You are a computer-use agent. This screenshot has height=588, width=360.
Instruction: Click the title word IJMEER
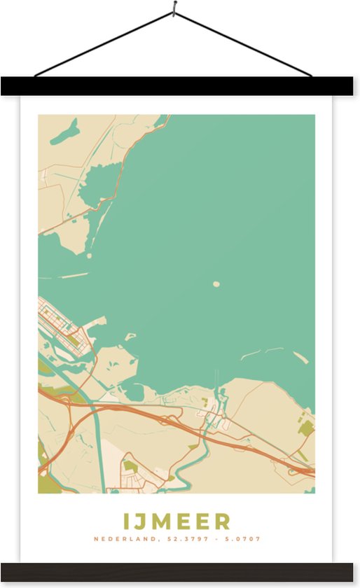coord(176,521)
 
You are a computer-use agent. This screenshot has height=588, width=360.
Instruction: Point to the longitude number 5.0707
coord(245,540)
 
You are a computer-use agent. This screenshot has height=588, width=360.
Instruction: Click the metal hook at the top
coord(174,8)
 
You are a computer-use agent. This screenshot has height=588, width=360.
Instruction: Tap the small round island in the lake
coord(216,284)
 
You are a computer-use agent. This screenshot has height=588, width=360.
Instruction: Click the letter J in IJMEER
coord(138,521)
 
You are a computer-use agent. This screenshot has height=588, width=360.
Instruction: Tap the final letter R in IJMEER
coord(223,521)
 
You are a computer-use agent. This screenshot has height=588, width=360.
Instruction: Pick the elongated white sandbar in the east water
coord(300,357)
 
